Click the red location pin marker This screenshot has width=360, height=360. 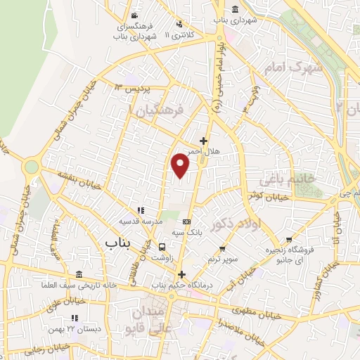tap(181, 165)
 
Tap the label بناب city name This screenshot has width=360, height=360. tap(119, 243)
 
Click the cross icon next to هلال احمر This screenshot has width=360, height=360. tap(204, 140)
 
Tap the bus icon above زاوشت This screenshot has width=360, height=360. tap(162, 247)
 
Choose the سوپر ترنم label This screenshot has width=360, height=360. tap(223, 259)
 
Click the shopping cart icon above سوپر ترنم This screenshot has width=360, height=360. tap(223, 248)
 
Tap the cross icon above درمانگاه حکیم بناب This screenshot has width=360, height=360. tap(181, 274)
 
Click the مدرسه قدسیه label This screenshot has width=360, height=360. tap(141, 221)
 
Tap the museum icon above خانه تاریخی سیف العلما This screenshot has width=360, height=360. tap(77, 274)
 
